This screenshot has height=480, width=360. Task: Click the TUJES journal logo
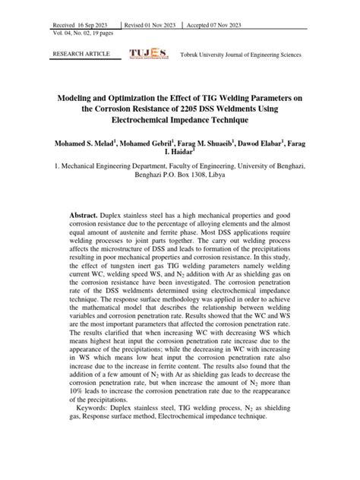(148, 55)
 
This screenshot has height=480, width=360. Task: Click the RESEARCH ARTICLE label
(81, 55)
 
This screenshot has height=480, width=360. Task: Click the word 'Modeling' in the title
(83, 97)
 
